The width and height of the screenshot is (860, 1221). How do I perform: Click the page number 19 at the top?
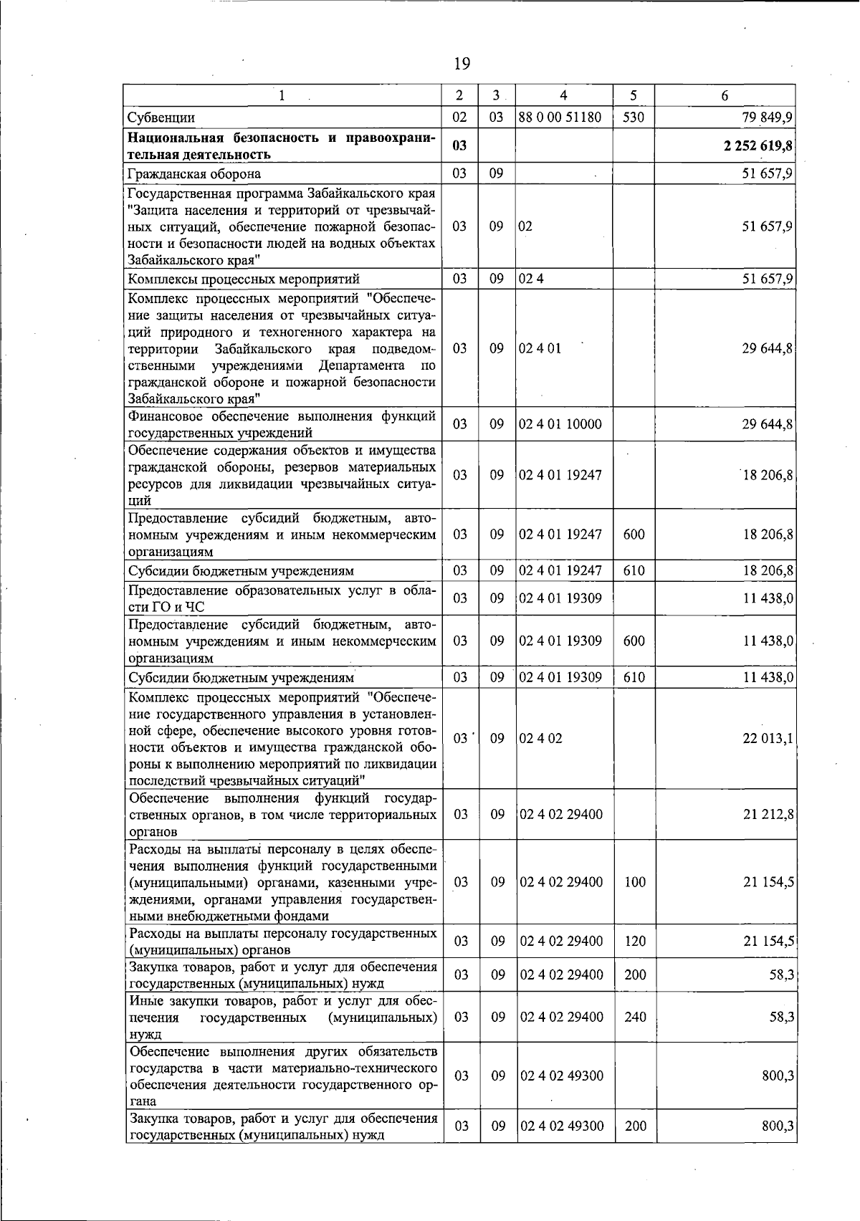pyautogui.click(x=462, y=64)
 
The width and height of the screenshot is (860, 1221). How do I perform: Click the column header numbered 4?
pyautogui.click(x=563, y=95)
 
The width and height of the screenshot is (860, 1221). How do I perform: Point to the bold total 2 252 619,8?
pyautogui.click(x=757, y=146)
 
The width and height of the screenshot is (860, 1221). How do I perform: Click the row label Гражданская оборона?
pyautogui.click(x=193, y=173)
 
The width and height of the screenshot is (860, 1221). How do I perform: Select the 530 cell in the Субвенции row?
pyautogui.click(x=634, y=118)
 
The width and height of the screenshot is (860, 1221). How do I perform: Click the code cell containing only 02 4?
pyautogui.click(x=531, y=279)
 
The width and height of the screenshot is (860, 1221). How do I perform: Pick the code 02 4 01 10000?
pyautogui.click(x=560, y=424)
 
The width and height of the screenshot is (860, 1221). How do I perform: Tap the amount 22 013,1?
pyautogui.click(x=767, y=739)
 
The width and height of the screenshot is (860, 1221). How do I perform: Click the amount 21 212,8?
pyautogui.click(x=767, y=814)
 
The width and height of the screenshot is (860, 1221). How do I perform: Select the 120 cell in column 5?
pyautogui.click(x=635, y=941)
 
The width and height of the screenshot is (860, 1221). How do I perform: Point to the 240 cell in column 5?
pyautogui.click(x=635, y=1017)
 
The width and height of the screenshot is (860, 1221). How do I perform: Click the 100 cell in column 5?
pyautogui.click(x=635, y=882)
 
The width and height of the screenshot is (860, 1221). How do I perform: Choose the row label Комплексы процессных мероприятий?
pyautogui.click(x=243, y=279)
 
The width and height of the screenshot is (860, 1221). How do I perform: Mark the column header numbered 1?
pyautogui.click(x=282, y=95)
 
